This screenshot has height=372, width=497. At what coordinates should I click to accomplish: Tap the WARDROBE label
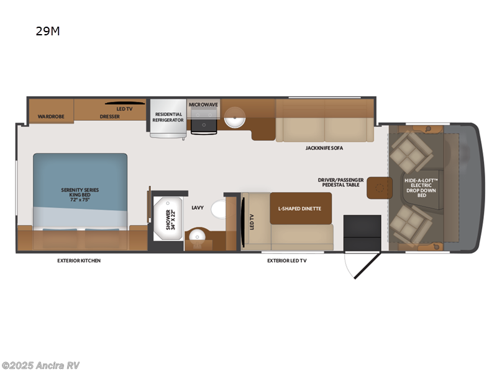tap(47, 116)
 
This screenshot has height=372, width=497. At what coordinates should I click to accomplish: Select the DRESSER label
tap(109, 116)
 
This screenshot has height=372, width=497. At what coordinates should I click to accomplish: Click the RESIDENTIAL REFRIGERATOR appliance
tap(168, 117)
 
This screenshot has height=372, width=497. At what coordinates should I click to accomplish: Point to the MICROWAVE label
tap(204, 105)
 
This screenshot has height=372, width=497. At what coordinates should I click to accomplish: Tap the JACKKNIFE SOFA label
tap(324, 148)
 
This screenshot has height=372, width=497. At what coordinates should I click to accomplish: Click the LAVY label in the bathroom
tap(198, 208)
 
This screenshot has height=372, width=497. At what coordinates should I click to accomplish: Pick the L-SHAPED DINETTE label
tap(299, 208)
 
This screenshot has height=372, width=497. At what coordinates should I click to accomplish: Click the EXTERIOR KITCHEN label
tap(79, 260)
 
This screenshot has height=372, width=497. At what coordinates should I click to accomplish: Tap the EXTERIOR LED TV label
tap(286, 260)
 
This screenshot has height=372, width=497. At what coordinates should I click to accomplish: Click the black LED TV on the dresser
tap(125, 104)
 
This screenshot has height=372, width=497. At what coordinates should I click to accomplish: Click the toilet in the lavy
tap(219, 210)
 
